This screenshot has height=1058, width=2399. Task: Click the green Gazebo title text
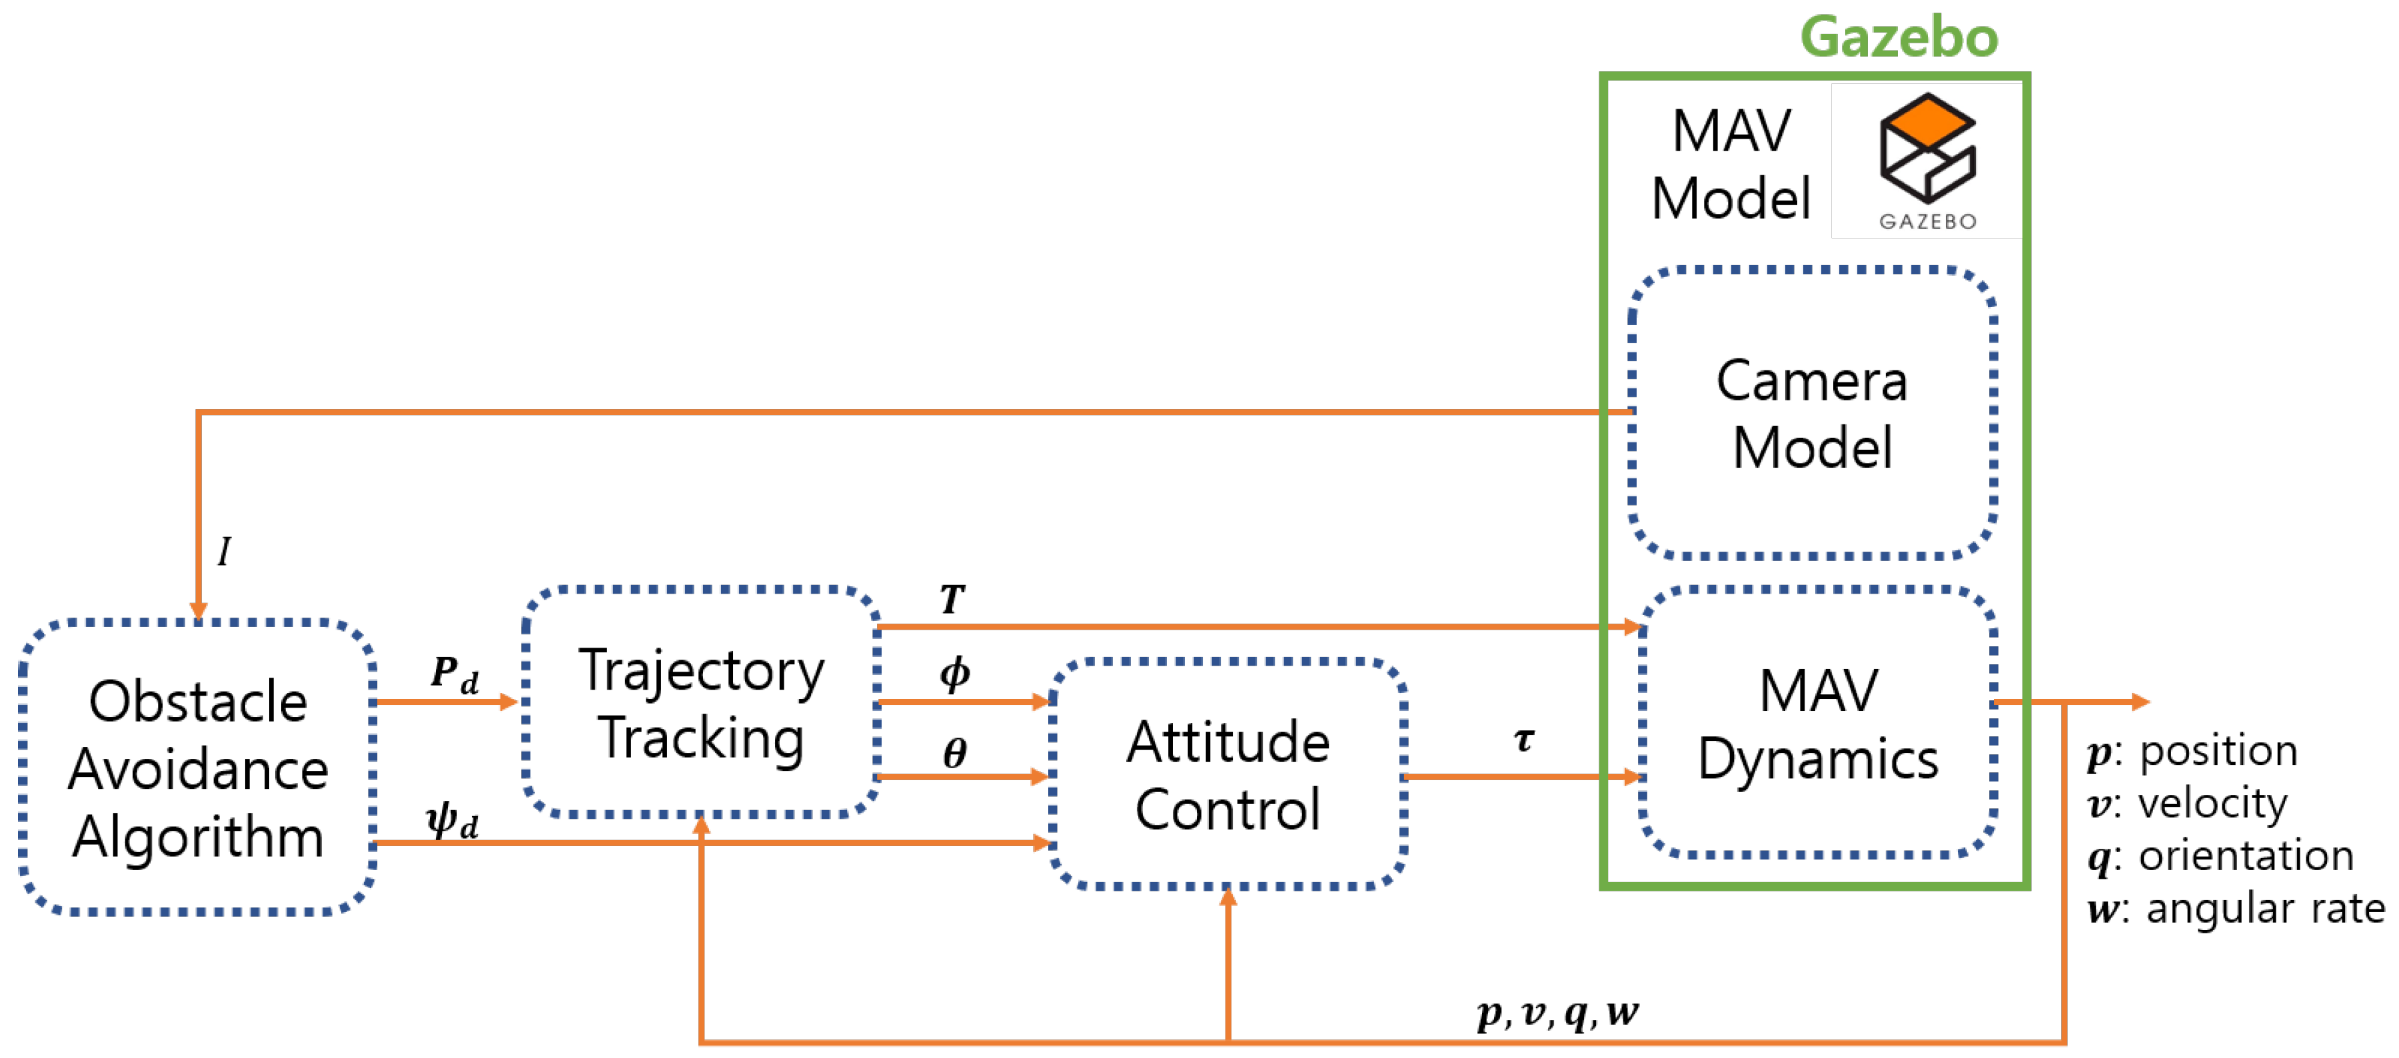tap(1898, 37)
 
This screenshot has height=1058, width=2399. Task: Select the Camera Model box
tap(1811, 414)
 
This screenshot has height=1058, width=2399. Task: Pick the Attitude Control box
tap(1227, 775)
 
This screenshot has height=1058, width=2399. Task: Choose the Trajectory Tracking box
tap(701, 703)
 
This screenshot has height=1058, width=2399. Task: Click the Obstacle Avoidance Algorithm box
tap(197, 768)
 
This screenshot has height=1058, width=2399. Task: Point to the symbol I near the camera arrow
tap(223, 552)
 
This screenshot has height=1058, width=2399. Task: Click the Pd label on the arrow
tap(454, 674)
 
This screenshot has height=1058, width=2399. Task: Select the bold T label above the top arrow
tap(952, 599)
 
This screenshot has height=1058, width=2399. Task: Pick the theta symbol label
tap(954, 752)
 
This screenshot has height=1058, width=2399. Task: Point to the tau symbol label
tap(1523, 740)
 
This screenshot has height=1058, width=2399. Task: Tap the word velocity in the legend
tap(2212, 803)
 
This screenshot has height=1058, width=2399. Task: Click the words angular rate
tap(2265, 908)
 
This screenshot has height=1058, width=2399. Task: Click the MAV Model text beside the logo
tap(1731, 164)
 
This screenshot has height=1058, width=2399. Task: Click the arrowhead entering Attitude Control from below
tap(1228, 899)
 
